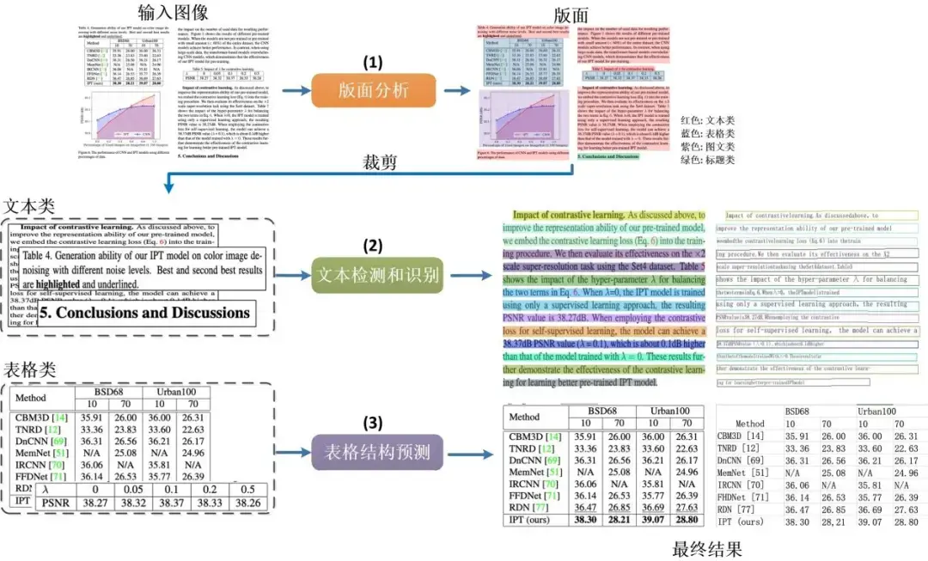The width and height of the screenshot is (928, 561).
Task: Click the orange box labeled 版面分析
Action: click(371, 89)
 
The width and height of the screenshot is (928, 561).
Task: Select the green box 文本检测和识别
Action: click(375, 276)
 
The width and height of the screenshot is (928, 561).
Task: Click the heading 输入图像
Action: click(174, 12)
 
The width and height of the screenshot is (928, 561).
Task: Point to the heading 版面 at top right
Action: click(571, 15)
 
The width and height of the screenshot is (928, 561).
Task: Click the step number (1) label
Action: click(371, 63)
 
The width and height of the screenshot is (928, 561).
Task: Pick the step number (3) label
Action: click(371, 422)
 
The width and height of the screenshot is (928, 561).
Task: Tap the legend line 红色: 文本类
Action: click(707, 121)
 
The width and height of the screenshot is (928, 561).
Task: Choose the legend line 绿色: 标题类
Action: click(707, 161)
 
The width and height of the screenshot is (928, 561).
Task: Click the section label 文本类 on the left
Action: click(30, 206)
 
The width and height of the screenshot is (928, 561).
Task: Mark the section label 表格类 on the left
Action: click(30, 370)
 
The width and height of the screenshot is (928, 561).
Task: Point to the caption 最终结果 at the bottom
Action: click(707, 547)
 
